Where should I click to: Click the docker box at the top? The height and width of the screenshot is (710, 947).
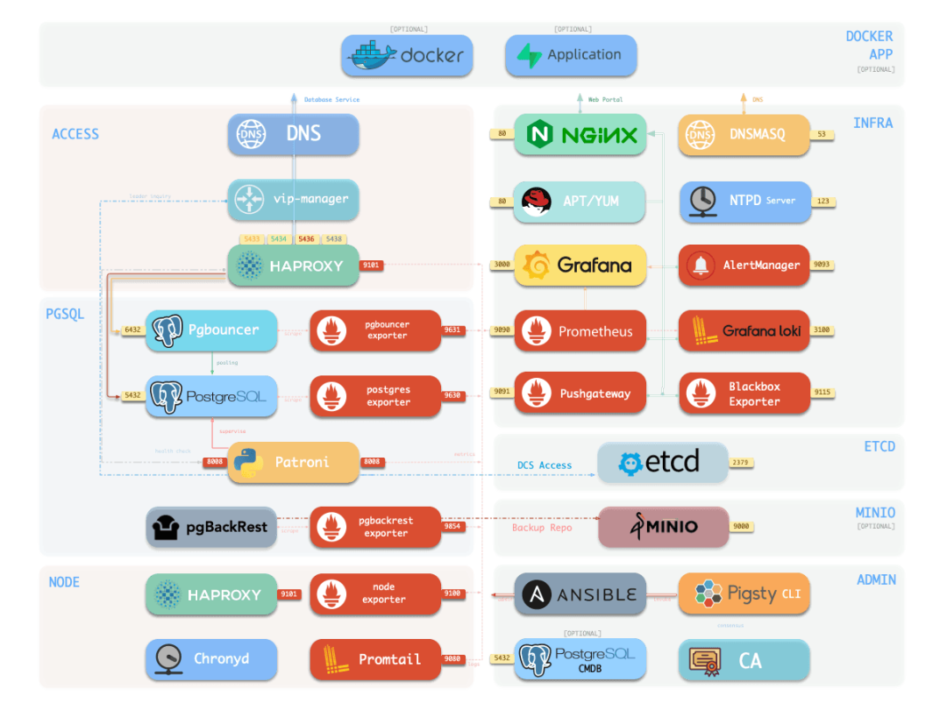(407, 55)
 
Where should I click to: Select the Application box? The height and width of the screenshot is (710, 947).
(571, 55)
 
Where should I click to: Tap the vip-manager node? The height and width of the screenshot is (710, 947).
(294, 200)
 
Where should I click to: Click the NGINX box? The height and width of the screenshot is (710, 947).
(580, 135)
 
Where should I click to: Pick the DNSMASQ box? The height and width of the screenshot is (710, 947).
(744, 135)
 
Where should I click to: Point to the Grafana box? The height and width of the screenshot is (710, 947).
(580, 265)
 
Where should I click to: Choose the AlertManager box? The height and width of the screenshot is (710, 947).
(744, 265)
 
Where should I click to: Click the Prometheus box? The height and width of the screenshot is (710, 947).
(580, 331)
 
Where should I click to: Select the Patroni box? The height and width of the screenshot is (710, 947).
(294, 462)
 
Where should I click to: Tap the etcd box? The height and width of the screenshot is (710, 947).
(662, 462)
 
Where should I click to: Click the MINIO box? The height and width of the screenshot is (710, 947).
(662, 527)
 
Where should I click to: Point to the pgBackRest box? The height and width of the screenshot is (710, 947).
(210, 527)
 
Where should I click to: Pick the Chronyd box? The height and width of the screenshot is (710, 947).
(210, 659)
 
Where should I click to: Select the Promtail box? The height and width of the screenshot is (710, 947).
(375, 659)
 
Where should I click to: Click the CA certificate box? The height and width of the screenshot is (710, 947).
(744, 659)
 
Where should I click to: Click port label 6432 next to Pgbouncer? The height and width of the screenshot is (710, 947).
(132, 330)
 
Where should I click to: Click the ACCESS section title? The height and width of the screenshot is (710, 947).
(75, 134)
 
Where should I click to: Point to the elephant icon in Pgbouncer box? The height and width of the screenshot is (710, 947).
(167, 330)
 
